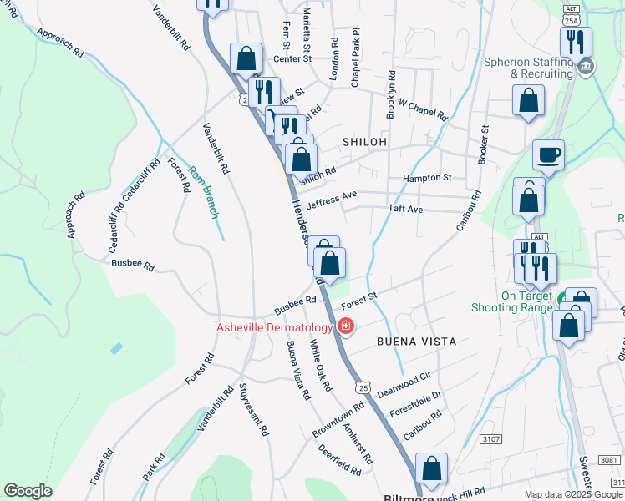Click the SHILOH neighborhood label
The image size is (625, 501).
coord(363,143)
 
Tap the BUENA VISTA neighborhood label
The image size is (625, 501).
coord(416,342)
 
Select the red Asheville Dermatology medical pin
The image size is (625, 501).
coord(345,326)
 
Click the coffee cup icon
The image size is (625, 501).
coord(548,154)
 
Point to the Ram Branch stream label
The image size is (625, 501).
coord(201,191)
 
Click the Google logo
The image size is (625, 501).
coord(28,490)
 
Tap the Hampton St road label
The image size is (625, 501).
coord(426,178)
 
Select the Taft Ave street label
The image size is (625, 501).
coord(405,209)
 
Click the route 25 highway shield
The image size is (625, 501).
coord(362,387)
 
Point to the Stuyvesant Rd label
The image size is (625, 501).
coord(253,410)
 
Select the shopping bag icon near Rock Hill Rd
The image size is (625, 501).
coord(431,470)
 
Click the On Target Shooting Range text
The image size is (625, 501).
coord(526,301)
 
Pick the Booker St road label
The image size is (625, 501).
coord(484,146)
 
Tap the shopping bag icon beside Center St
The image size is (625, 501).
coord(246,59)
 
